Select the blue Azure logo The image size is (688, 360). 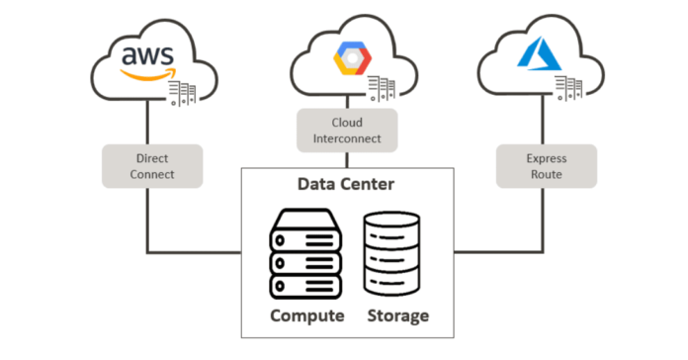pyautogui.click(x=541, y=55)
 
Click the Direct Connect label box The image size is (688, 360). pyautogui.click(x=153, y=165)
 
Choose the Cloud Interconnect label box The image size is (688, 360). pyautogui.click(x=347, y=131)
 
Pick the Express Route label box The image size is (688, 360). pyautogui.click(x=544, y=165)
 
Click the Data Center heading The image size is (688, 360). pyautogui.click(x=346, y=184)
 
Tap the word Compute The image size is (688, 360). pyautogui.click(x=307, y=315)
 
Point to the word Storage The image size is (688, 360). pyautogui.click(x=397, y=315)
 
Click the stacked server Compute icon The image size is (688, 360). pyautogui.click(x=307, y=254)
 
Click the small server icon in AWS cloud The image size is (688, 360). pyautogui.click(x=183, y=94)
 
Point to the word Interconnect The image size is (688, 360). pyautogui.click(x=347, y=139)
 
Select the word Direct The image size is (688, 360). pyautogui.click(x=153, y=156)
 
